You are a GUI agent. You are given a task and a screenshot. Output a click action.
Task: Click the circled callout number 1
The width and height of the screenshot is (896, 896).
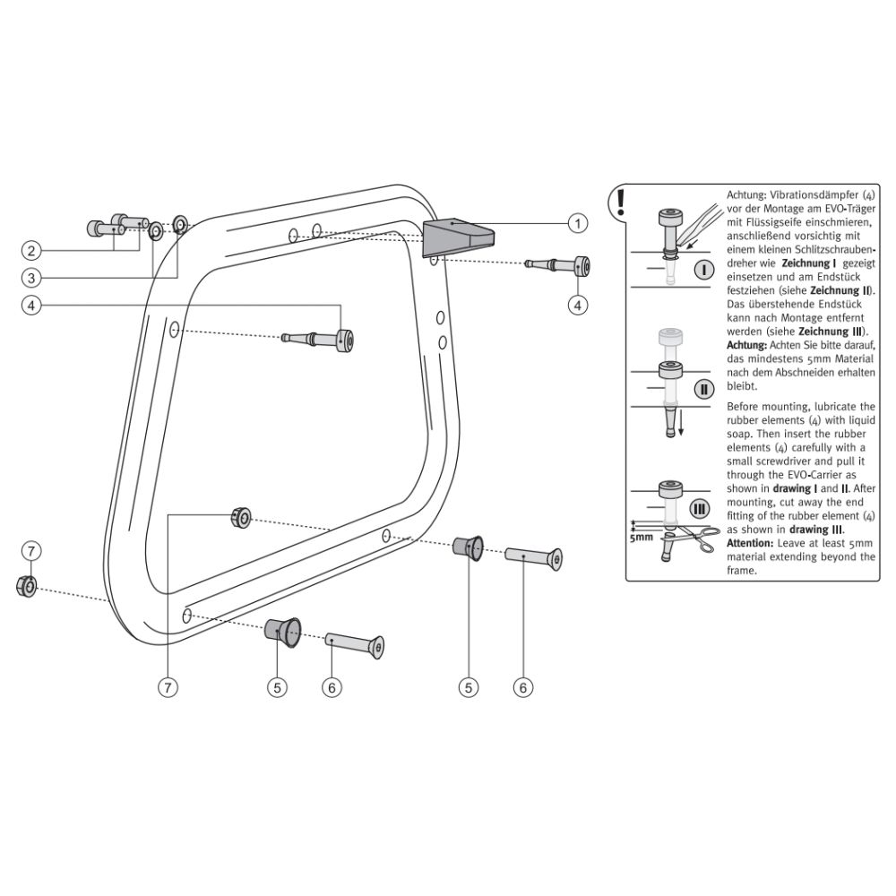coord(579,221)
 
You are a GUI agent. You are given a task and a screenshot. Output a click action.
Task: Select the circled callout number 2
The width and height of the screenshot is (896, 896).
coord(30,250)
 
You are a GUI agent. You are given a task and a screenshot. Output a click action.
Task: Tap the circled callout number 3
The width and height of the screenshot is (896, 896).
coord(30,276)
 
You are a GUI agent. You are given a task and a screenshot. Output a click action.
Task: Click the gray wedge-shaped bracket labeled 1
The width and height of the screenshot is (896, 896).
coord(455,237)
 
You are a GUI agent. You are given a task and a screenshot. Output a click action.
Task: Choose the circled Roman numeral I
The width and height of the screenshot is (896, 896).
coord(702,269)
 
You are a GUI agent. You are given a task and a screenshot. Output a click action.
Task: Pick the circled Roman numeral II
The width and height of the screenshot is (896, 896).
coord(704,390)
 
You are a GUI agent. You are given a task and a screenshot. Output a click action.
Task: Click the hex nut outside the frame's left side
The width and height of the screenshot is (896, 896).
coord(27,587)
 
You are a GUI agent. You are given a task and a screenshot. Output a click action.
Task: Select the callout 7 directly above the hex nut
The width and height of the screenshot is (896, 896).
coord(30,549)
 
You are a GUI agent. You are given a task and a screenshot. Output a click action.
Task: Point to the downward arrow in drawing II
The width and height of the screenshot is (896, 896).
coord(681,427)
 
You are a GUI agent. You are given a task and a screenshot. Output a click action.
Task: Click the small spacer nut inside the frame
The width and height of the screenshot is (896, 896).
coord(239,515)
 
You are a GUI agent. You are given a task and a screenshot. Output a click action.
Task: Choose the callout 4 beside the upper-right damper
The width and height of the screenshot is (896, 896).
coord(579,305)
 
